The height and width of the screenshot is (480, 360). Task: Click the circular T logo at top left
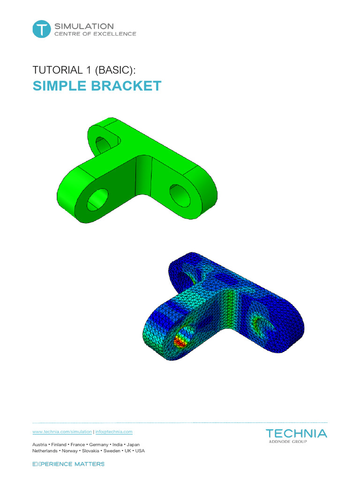point(41,29)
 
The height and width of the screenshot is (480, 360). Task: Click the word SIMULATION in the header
point(84,26)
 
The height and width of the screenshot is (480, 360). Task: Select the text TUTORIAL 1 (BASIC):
point(84,70)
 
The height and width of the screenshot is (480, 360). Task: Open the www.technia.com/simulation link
point(62,431)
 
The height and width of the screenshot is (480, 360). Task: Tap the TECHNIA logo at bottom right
point(296,434)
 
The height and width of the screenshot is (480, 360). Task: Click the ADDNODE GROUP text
point(288,442)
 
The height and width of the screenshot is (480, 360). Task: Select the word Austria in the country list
point(39,444)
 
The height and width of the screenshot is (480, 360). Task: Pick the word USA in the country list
point(140,450)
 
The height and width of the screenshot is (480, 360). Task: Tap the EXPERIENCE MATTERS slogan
point(68,464)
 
